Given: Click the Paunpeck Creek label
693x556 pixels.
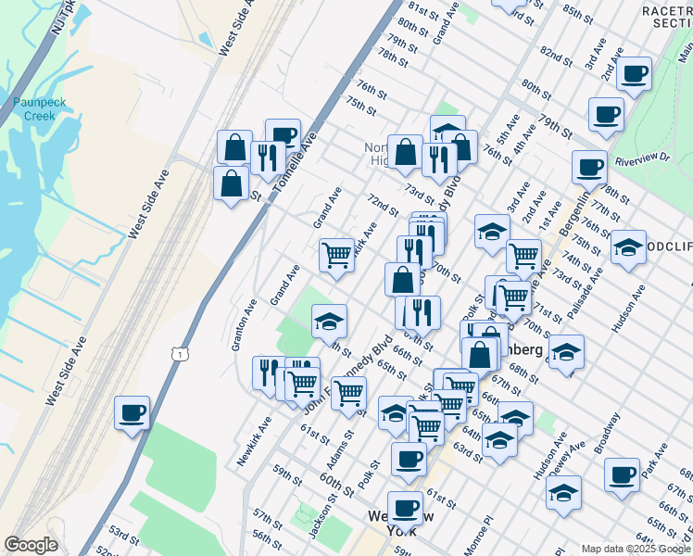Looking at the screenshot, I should pos(33,108).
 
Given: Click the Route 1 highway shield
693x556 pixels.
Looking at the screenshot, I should pos(178,353).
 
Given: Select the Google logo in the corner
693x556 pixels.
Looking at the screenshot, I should pos(31,545).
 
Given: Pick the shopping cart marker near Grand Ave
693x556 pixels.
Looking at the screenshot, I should pos(337,254).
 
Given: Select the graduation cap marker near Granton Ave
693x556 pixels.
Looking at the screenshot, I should pos(329,321).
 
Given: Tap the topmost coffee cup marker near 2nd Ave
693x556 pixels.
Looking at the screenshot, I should pos(635,73).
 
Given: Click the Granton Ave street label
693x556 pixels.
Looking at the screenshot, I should pos(244,324).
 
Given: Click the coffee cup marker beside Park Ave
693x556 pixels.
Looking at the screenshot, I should pos(622,474).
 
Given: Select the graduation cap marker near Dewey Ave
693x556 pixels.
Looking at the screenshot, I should pos(563,492).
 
